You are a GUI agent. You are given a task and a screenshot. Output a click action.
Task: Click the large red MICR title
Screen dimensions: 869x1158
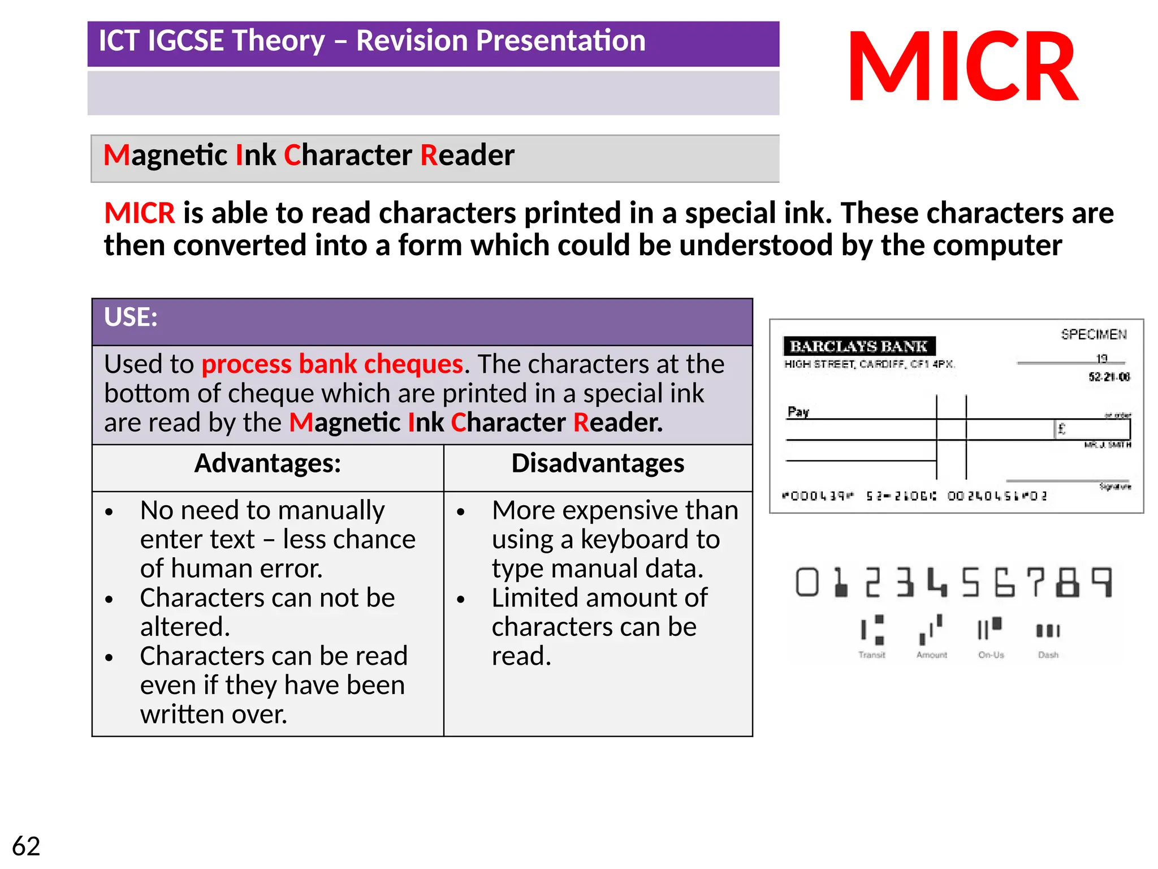click(x=963, y=67)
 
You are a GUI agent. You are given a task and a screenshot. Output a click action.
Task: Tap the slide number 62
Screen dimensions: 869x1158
click(x=26, y=846)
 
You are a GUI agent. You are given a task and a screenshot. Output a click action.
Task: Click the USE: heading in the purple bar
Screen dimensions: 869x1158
click(x=131, y=317)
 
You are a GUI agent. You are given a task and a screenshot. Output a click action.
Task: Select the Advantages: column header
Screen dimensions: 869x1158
click(x=267, y=463)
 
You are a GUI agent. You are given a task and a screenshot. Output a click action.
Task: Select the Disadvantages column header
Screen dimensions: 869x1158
click(x=598, y=463)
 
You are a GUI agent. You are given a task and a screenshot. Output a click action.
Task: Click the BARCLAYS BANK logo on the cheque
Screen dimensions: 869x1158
click(x=858, y=346)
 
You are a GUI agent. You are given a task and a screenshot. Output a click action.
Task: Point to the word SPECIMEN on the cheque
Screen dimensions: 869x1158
click(x=1094, y=334)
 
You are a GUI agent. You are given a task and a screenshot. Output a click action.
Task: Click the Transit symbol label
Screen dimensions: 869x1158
click(x=872, y=655)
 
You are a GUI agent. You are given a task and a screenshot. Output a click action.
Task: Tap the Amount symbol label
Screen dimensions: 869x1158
click(x=931, y=655)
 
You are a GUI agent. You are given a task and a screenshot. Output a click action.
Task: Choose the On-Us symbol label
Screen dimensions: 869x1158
click(x=991, y=655)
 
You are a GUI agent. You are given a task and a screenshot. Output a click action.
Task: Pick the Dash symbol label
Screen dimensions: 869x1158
click(x=1048, y=655)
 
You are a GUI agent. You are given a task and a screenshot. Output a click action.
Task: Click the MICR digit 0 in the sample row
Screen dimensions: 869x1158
click(x=807, y=582)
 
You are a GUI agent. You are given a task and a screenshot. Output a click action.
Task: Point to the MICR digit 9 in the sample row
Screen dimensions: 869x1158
click(x=1101, y=582)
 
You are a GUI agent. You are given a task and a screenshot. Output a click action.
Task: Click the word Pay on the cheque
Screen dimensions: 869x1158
click(x=798, y=411)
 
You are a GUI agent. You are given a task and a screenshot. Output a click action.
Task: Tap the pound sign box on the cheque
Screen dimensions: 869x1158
click(x=1061, y=429)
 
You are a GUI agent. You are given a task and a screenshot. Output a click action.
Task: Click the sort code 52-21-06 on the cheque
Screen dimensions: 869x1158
click(x=1109, y=377)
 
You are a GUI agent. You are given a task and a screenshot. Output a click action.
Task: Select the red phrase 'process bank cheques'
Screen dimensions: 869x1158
click(x=332, y=364)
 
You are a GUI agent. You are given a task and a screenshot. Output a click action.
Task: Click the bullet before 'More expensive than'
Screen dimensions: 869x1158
click(x=461, y=512)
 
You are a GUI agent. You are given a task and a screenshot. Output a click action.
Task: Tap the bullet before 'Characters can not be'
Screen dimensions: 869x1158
click(x=109, y=599)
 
